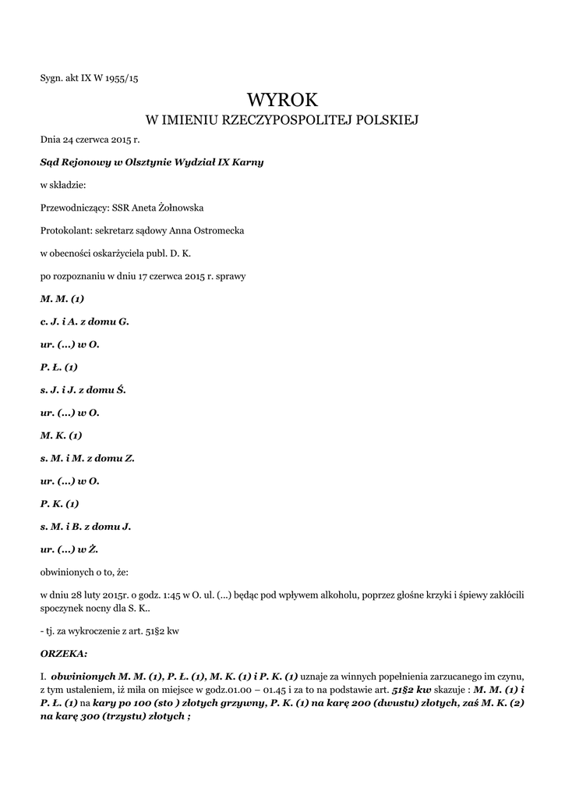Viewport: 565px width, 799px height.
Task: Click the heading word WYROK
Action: coord(282,99)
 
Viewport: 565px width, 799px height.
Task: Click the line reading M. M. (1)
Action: coord(62,299)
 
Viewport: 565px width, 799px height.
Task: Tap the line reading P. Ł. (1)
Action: coord(59,367)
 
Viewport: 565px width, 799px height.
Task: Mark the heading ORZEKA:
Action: coord(64,653)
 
